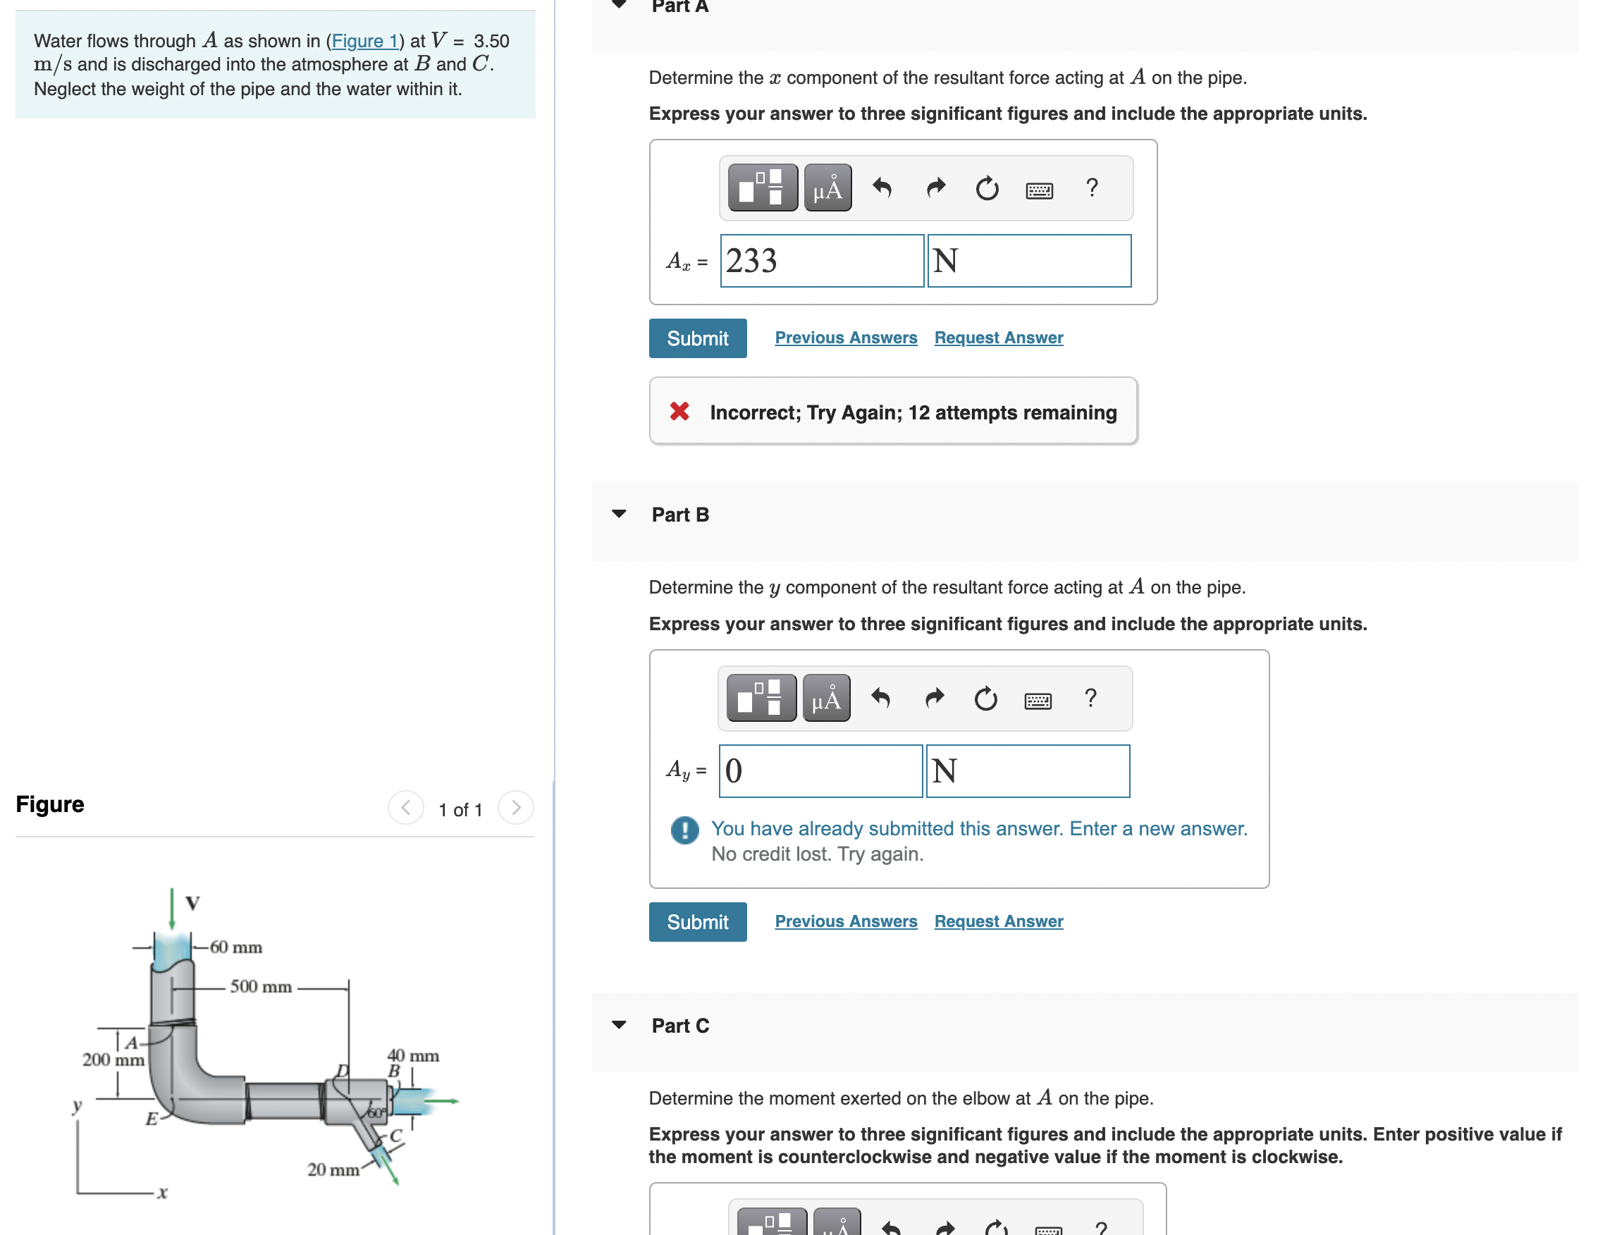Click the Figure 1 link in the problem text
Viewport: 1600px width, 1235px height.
tap(364, 41)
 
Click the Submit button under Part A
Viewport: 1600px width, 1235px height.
tap(696, 338)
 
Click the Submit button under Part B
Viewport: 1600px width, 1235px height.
tap(696, 921)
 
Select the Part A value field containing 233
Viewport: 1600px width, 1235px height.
tap(821, 261)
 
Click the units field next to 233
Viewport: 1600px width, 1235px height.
tap(1028, 261)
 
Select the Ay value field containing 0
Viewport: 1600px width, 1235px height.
tap(820, 770)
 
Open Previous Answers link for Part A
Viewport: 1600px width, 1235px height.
tap(845, 338)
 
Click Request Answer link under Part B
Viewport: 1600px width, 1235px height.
tap(998, 921)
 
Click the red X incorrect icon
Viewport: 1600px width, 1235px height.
tap(679, 412)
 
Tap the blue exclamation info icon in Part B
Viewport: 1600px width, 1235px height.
tap(684, 830)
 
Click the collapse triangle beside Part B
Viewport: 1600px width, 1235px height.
tap(619, 514)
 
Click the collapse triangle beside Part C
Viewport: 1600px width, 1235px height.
tap(619, 1025)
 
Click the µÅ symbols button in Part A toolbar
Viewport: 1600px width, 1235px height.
tap(827, 188)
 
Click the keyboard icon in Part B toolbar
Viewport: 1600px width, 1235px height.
tap(1038, 701)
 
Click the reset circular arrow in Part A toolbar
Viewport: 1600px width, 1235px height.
tap(986, 188)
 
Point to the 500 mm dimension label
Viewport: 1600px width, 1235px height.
tap(261, 987)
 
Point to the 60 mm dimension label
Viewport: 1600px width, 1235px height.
tap(236, 947)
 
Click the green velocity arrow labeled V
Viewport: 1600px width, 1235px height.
tap(172, 909)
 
